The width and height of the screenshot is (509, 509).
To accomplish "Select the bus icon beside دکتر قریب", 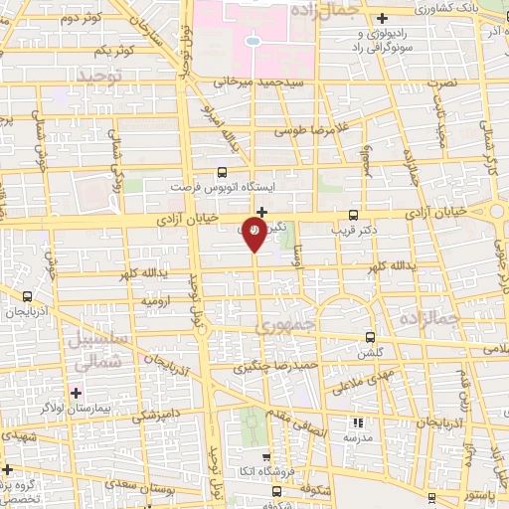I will pos(353,215).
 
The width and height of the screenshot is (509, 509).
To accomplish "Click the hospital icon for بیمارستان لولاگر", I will pos(76,392).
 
